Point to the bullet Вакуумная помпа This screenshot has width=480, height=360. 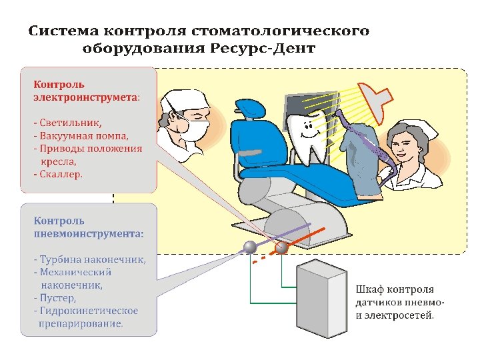81,135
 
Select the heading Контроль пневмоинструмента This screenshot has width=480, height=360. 88,227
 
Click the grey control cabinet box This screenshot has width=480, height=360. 320,299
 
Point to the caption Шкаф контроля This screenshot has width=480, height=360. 395,290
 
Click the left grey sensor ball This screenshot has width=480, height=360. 250,247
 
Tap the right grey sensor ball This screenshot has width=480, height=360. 282,247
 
